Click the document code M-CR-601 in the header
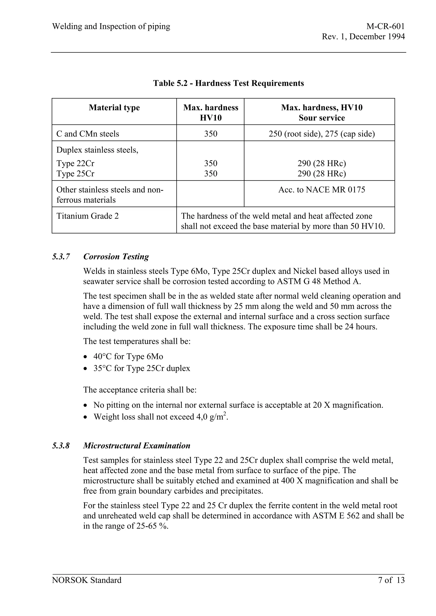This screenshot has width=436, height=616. coord(385,26)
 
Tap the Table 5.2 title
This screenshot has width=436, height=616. coord(228,83)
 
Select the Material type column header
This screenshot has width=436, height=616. coord(114,108)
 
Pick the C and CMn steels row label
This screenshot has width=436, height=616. coord(87,134)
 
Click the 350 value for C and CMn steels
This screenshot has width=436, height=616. coord(211,134)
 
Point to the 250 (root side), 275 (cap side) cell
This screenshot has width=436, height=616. coord(321,134)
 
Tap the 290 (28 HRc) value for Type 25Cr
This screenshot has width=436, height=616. coord(321,174)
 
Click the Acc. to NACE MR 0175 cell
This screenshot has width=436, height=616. coord(321,190)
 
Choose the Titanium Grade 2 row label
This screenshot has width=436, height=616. coord(87,216)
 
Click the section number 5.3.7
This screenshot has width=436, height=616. coord(61,257)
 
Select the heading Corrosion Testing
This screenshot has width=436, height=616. coord(116,257)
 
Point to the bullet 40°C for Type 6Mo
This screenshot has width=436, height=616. coord(128,356)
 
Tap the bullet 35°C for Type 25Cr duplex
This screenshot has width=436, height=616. coord(142,368)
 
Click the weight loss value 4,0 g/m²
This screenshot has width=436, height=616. coord(212,417)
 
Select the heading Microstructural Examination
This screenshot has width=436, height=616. coord(136,446)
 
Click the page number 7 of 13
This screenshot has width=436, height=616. coord(391,580)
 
